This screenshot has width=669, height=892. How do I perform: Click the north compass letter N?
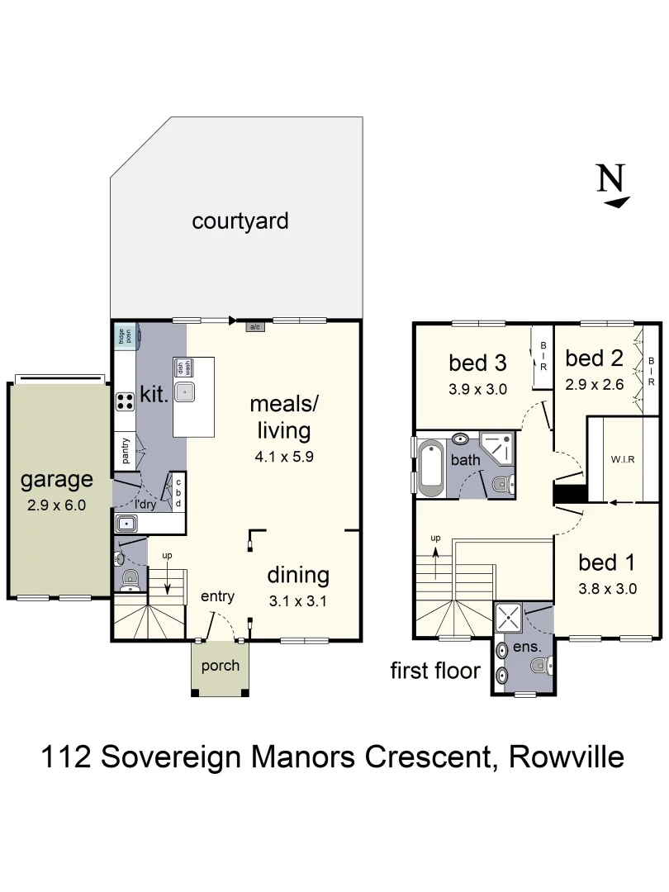point(610,178)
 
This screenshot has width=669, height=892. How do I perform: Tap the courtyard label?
point(240,221)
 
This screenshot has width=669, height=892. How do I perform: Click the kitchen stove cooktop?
point(126,401)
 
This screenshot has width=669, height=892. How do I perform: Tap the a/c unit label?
point(255,327)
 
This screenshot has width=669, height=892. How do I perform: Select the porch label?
point(220,666)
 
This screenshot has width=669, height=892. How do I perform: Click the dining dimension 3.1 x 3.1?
point(298,601)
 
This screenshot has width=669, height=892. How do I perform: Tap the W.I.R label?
point(622,459)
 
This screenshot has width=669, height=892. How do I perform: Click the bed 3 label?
point(477,362)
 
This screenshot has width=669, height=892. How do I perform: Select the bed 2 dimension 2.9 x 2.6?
point(593,384)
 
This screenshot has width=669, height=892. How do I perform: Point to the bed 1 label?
point(606,562)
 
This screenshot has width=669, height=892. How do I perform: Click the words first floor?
point(435,671)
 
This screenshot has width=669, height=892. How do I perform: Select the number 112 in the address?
point(67,756)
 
